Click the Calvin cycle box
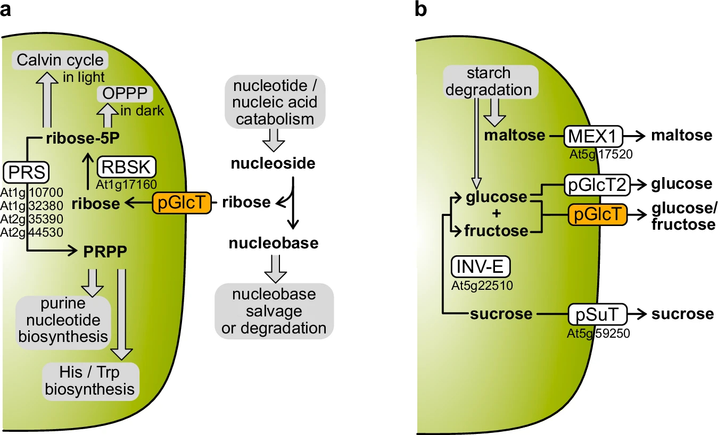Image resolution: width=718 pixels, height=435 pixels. (x=60, y=60)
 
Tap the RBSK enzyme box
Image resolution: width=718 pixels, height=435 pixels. (x=127, y=167)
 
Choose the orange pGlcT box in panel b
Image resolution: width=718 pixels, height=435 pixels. (x=595, y=215)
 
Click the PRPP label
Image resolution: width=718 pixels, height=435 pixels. (x=105, y=251)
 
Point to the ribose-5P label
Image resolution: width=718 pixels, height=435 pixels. (x=81, y=138)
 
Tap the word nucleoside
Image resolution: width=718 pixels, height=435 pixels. (x=273, y=163)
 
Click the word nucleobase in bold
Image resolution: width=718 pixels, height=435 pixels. (x=274, y=244)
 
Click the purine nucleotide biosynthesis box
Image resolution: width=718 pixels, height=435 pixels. (x=63, y=320)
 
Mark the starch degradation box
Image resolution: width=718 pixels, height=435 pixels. (x=488, y=81)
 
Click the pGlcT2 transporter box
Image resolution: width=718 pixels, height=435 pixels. (x=596, y=185)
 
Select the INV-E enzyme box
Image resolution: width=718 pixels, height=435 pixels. (x=481, y=266)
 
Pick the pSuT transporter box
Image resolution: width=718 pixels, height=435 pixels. (x=595, y=314)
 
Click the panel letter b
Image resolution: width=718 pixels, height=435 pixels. (x=420, y=10)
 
